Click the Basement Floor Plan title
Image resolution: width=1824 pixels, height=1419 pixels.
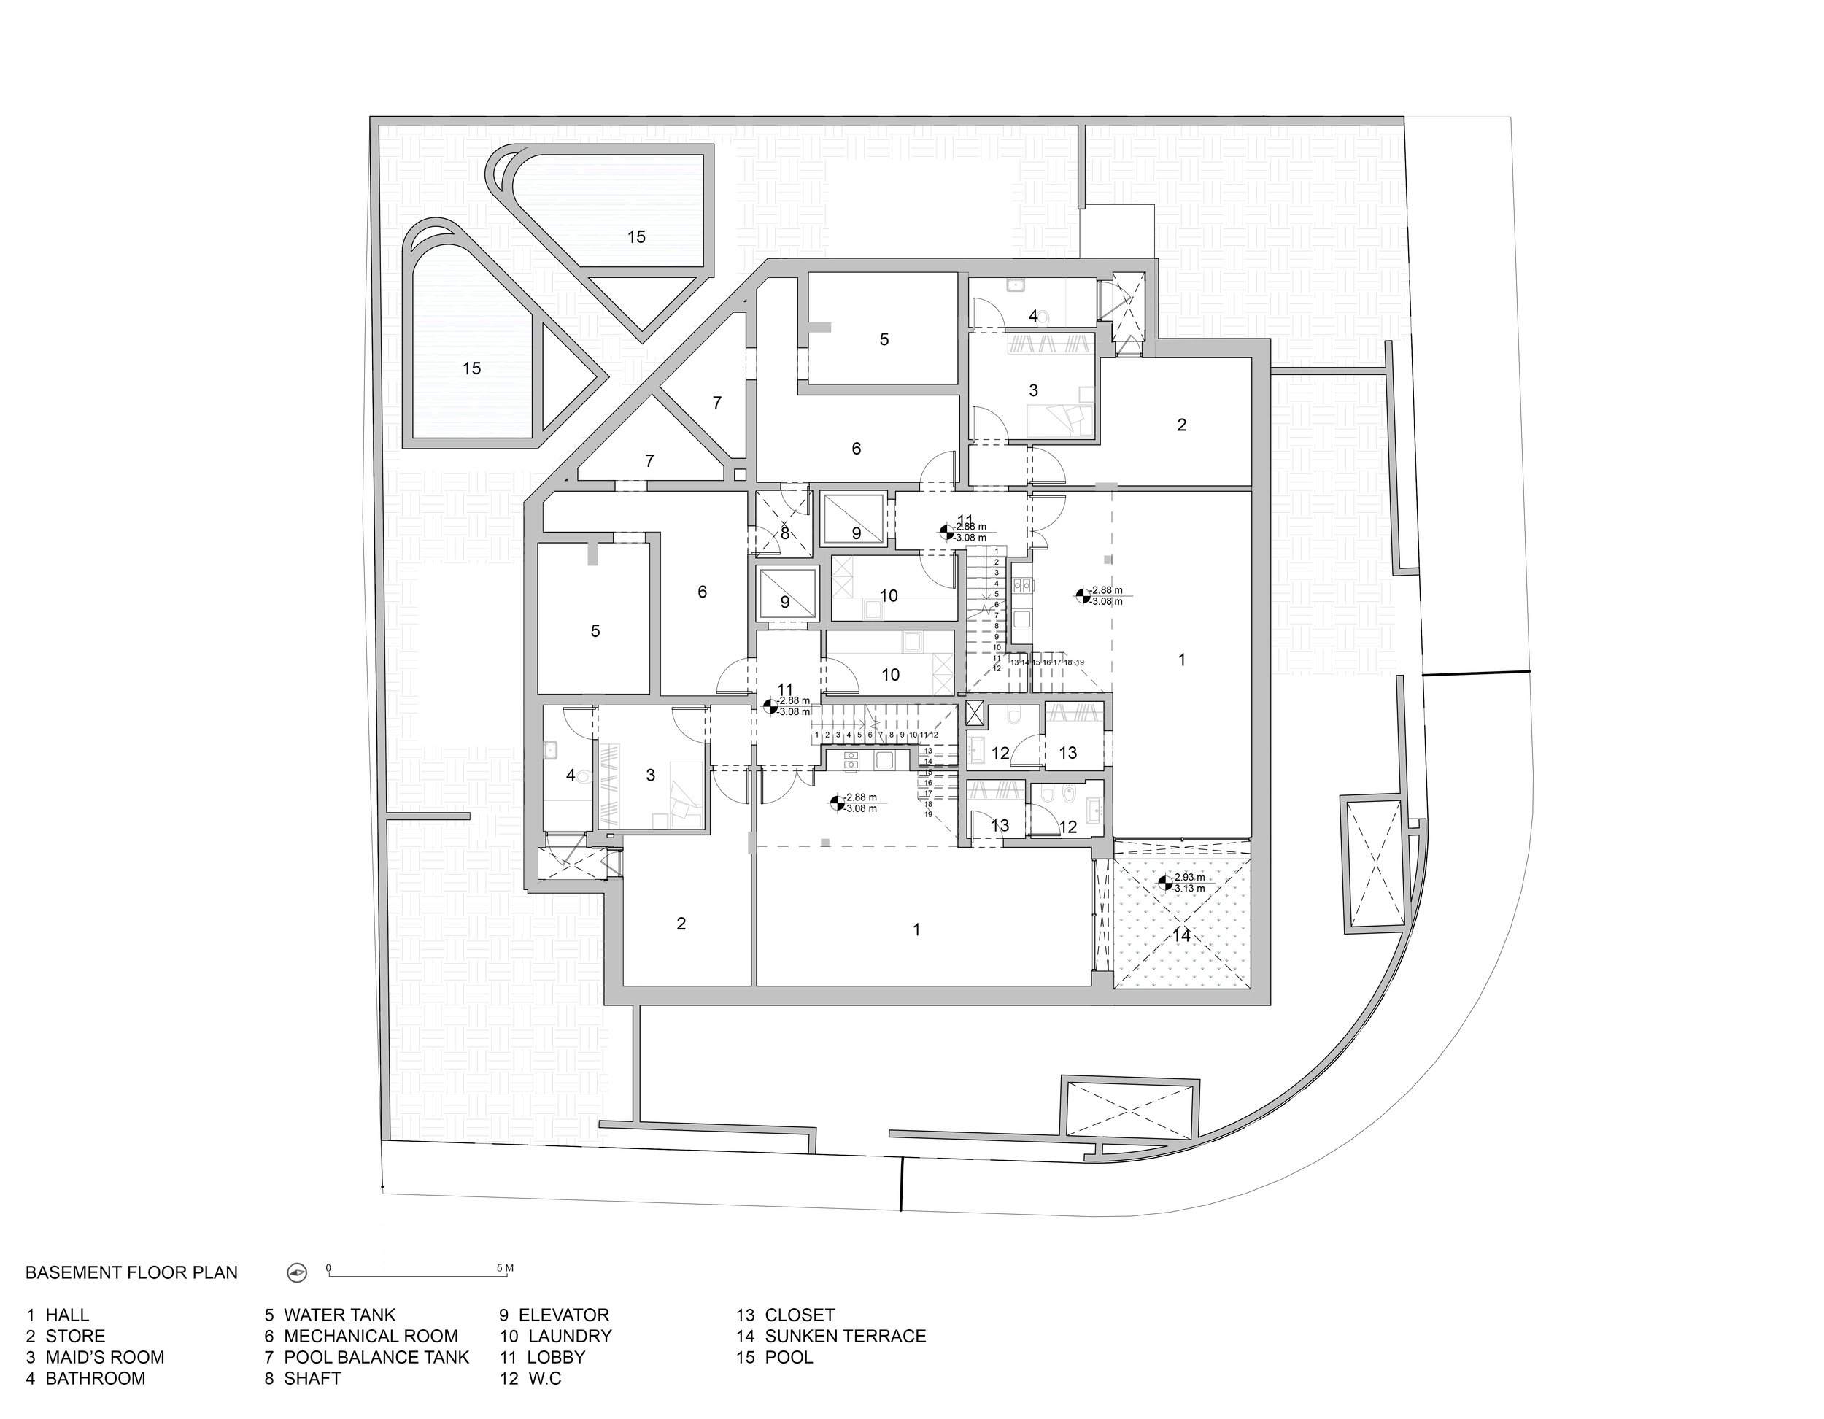[131, 1273]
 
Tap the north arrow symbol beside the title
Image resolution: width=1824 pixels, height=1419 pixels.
[298, 1273]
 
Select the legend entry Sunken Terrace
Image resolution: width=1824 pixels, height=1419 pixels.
[830, 1337]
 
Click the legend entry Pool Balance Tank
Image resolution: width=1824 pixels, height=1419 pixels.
[367, 1357]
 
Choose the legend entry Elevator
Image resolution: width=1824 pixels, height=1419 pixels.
[554, 1315]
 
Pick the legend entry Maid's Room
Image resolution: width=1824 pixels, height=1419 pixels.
[94, 1357]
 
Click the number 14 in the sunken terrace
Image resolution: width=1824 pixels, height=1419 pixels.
[1181, 935]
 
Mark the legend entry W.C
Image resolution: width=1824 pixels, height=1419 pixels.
[530, 1379]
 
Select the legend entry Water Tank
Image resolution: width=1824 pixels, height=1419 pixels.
[330, 1315]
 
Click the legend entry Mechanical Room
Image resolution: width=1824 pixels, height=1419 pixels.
[361, 1337]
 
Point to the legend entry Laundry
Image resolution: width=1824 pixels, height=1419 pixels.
[555, 1337]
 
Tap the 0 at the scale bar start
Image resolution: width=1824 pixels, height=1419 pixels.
[328, 1268]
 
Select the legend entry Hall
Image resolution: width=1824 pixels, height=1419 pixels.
[57, 1315]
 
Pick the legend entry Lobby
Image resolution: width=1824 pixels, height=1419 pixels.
[542, 1357]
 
